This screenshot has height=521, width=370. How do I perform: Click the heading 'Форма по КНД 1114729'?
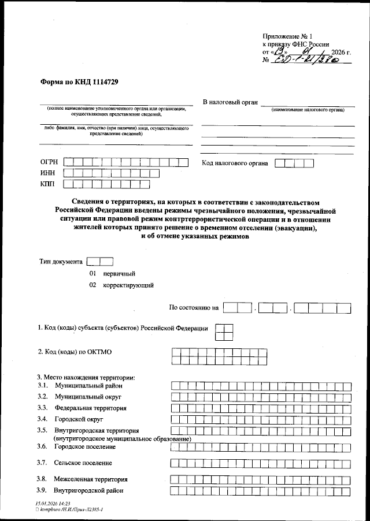(x=80, y=82)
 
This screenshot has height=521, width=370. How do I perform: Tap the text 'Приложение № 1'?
(x=287, y=35)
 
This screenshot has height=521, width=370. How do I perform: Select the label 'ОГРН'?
(x=50, y=163)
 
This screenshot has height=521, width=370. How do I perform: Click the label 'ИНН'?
(x=48, y=174)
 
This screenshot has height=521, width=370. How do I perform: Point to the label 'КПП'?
(x=48, y=185)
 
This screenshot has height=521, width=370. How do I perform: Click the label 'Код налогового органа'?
(x=235, y=163)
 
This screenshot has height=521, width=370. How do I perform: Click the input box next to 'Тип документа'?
(x=99, y=261)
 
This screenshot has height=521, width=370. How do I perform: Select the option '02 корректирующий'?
(x=121, y=285)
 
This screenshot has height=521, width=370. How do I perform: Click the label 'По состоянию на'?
(x=193, y=308)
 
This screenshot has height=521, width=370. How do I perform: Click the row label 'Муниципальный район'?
(x=88, y=385)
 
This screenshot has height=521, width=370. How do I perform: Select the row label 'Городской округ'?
(x=79, y=419)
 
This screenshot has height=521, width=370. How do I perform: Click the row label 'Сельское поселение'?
(x=83, y=463)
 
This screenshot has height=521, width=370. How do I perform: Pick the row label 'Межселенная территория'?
(x=90, y=479)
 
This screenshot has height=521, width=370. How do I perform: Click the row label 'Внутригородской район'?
(x=88, y=491)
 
